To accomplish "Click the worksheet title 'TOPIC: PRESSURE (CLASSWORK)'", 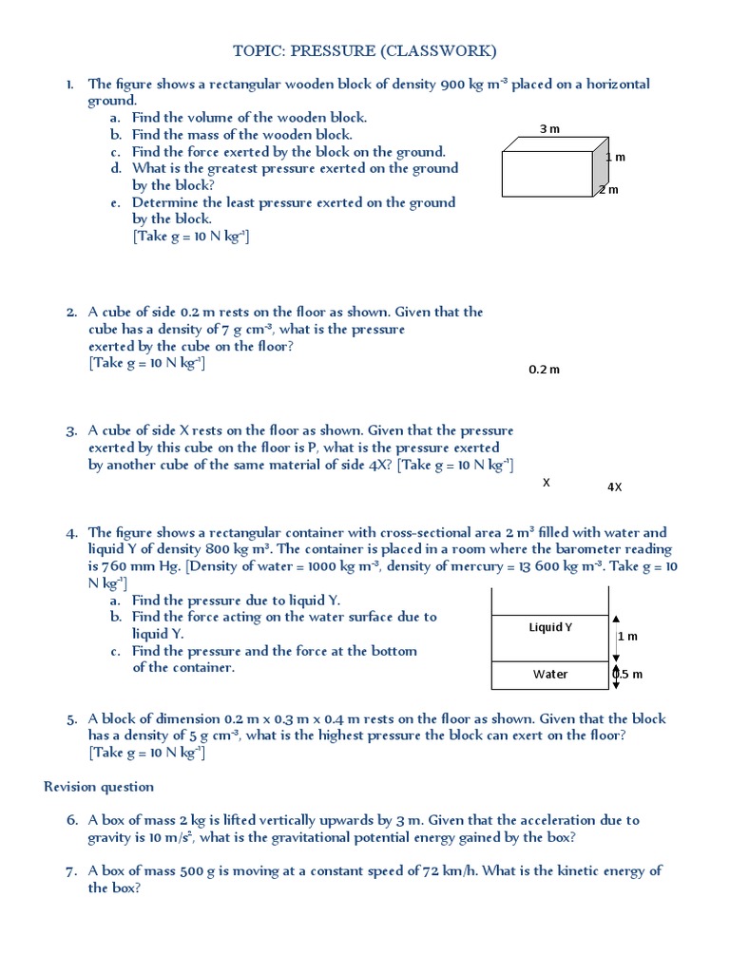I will [x=365, y=50].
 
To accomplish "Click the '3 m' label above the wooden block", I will [x=548, y=128].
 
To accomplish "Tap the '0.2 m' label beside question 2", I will [x=544, y=370].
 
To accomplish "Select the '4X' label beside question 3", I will [x=614, y=487].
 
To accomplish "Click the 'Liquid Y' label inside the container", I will [x=550, y=627].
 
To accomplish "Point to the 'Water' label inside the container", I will [x=550, y=675].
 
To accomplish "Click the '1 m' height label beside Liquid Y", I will [x=628, y=636].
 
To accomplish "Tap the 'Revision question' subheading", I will [x=99, y=787].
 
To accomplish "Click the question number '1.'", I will [x=71, y=85].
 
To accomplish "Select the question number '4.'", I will [x=71, y=533].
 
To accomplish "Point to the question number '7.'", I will [x=71, y=871].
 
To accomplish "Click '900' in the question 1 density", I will [x=452, y=85].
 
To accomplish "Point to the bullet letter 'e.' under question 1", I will [x=114, y=202].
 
